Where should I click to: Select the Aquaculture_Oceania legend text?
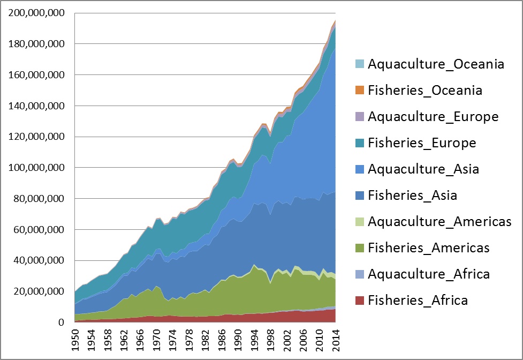(x=436, y=64)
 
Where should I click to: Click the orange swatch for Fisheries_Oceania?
(x=359, y=91)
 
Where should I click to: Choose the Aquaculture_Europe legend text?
(x=433, y=117)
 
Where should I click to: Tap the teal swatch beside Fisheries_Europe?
(x=359, y=143)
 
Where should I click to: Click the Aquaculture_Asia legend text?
(x=423, y=169)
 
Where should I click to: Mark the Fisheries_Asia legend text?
(x=412, y=196)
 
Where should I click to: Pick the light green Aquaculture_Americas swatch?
(x=359, y=222)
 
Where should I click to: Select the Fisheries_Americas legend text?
(x=429, y=248)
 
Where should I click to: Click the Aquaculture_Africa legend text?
(x=428, y=274)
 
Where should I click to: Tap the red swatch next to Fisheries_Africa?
(x=359, y=301)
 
